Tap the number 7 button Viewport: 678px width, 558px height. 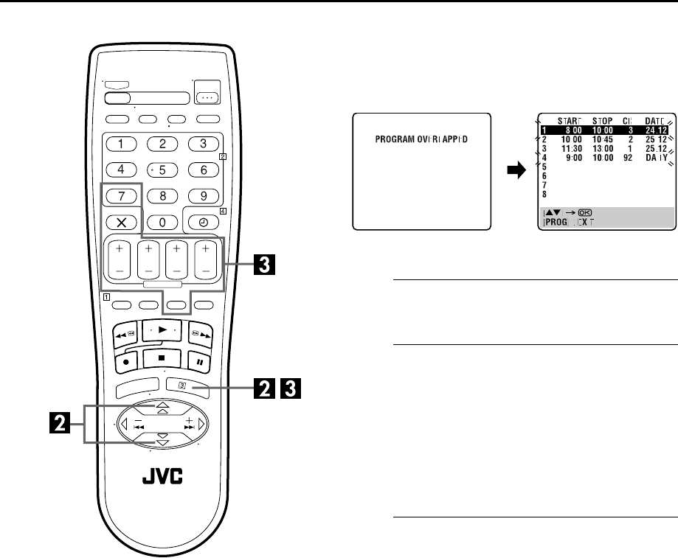point(119,197)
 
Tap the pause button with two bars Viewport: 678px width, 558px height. point(199,362)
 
